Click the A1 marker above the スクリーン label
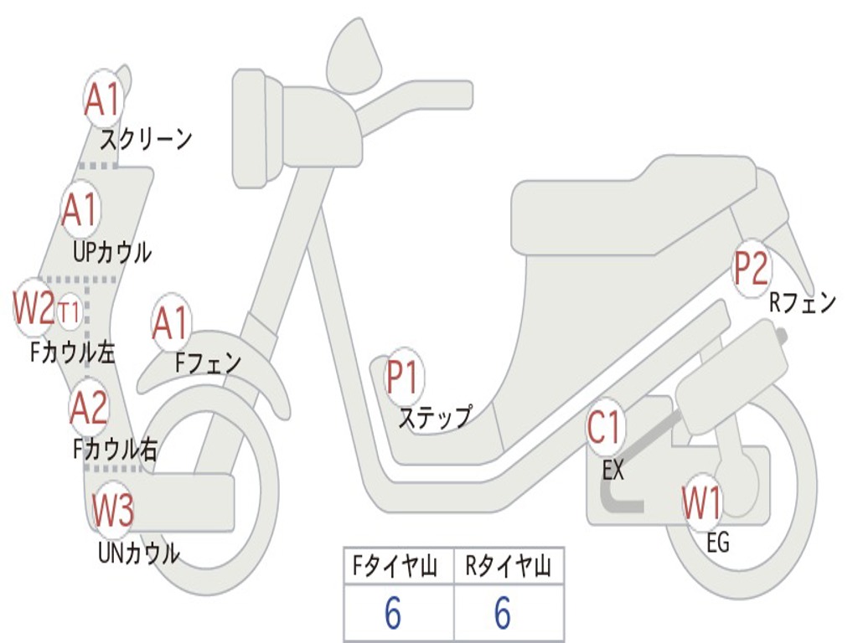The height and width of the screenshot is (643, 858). [104, 99]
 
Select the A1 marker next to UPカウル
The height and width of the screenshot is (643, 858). [81, 210]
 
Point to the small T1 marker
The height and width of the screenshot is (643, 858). [70, 312]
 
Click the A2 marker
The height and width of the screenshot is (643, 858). [89, 408]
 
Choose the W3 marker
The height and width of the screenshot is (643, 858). [113, 510]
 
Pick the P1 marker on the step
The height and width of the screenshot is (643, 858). [404, 378]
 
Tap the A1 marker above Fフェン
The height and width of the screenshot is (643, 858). [171, 323]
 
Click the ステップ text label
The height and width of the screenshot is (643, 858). [434, 417]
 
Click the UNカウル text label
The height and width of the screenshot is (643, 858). [138, 553]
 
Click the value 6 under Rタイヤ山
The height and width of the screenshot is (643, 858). [503, 615]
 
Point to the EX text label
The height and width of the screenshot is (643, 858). [613, 471]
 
